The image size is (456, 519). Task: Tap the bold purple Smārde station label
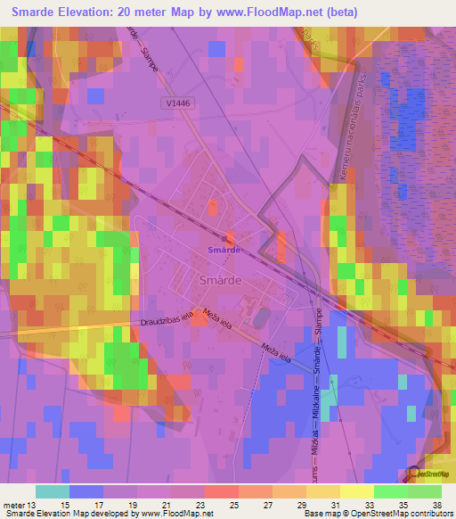(224, 251)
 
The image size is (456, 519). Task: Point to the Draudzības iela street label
(167, 322)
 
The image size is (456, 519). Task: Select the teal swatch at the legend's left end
(52, 491)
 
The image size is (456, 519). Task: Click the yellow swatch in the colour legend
(356, 491)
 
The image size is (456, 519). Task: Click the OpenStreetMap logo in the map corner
(427, 475)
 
